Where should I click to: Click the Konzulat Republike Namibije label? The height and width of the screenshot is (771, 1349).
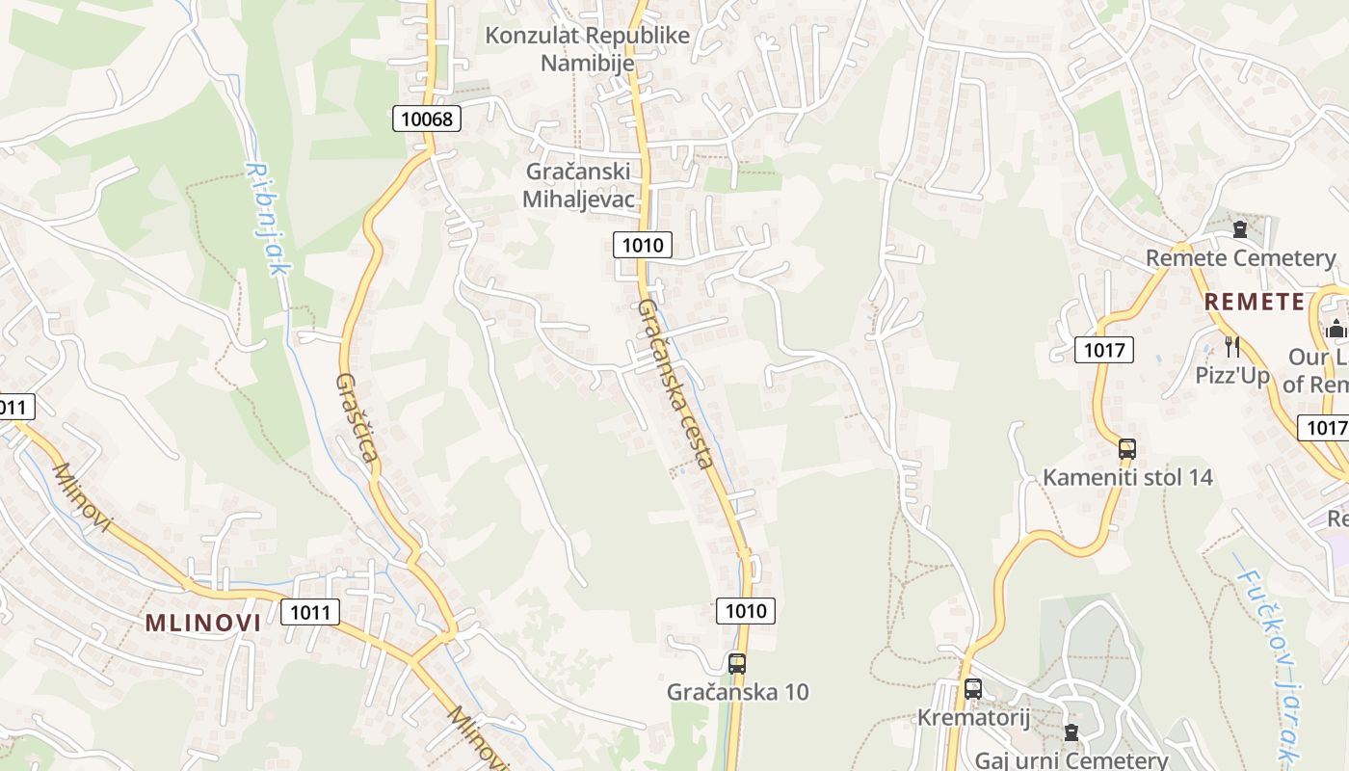587,49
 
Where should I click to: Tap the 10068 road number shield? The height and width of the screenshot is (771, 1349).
427,119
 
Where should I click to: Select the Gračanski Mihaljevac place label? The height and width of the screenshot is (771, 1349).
578,185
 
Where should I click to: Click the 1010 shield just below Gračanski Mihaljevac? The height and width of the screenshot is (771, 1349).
643,245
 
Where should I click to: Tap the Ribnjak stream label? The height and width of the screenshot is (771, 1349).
267,219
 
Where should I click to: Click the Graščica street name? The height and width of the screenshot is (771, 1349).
356,416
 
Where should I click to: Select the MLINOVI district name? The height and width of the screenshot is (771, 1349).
203,623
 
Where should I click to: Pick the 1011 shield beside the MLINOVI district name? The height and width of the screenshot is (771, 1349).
310,611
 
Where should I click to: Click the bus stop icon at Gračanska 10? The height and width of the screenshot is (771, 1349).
737,663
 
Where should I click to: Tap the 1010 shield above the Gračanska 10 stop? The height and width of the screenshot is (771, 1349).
746,610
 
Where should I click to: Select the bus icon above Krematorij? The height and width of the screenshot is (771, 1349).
973,689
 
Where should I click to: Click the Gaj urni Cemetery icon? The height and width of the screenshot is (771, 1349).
1071,732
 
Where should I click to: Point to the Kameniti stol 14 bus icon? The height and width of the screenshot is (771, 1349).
1127,449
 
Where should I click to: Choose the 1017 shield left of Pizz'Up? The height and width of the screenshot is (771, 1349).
1104,350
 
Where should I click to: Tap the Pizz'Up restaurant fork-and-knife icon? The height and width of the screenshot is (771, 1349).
1231,346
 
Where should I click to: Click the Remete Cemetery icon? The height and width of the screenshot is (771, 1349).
1240,229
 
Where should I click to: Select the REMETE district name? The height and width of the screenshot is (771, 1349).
1255,302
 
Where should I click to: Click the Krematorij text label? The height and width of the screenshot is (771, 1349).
973,718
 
